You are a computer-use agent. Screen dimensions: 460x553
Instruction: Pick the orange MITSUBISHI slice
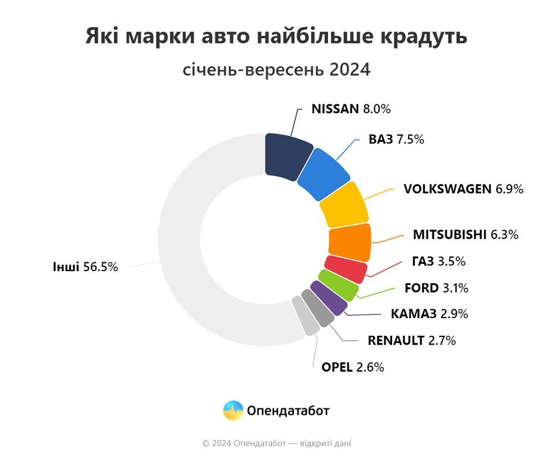pyautogui.click(x=349, y=242)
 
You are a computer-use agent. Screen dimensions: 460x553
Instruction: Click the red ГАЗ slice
pyautogui.click(x=346, y=269)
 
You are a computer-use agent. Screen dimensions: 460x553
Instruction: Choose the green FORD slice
pyautogui.click(x=338, y=285)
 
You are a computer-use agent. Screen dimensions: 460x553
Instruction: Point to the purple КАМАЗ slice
pyautogui.click(x=328, y=298)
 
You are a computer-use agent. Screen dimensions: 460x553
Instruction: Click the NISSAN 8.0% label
pyautogui.click(x=351, y=109)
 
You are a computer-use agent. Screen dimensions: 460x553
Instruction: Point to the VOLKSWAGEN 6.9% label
pyautogui.click(x=463, y=189)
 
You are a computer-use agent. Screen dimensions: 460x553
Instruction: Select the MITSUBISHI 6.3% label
pyautogui.click(x=465, y=235)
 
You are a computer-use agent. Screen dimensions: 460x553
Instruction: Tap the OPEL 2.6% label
pyautogui.click(x=352, y=367)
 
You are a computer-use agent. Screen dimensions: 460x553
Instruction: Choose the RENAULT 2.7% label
pyautogui.click(x=411, y=340)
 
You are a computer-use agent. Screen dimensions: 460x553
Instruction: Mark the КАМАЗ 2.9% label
pyautogui.click(x=429, y=314)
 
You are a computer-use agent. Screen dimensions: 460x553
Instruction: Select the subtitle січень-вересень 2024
pyautogui.click(x=276, y=70)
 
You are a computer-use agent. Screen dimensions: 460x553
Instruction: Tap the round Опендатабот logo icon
pyautogui.click(x=233, y=410)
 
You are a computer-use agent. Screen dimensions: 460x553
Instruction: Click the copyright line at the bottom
pyautogui.click(x=276, y=443)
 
